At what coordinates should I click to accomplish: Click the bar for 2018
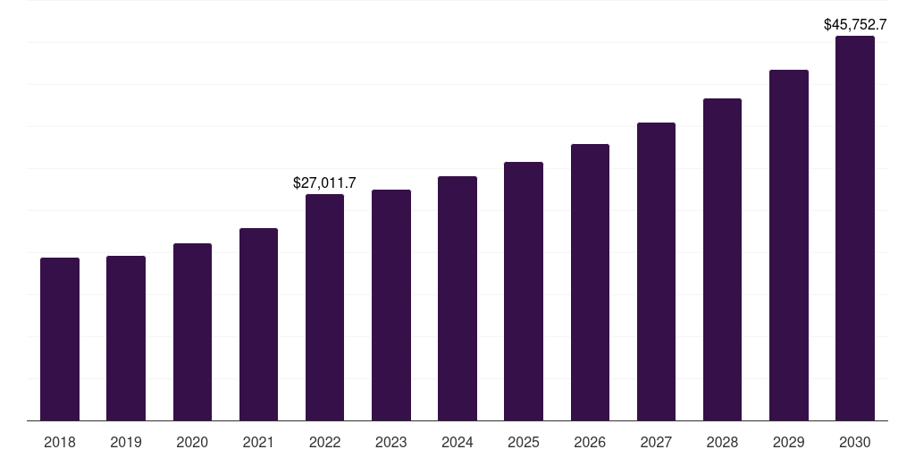pyautogui.click(x=60, y=339)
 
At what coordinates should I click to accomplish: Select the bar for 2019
pyautogui.click(x=126, y=338)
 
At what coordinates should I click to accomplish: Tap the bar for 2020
pyautogui.click(x=192, y=332)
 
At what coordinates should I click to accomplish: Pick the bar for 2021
pyautogui.click(x=258, y=324)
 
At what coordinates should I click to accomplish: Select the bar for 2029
pyautogui.click(x=789, y=245)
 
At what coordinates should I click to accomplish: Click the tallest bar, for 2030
pyautogui.click(x=855, y=228)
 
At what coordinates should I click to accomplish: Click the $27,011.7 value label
pyautogui.click(x=324, y=182)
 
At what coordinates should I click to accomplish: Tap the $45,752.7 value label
pyautogui.click(x=855, y=25)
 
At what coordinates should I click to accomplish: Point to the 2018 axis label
pyautogui.click(x=60, y=442)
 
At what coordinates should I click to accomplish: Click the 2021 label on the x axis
pyautogui.click(x=258, y=442)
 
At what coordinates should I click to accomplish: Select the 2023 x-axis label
pyautogui.click(x=391, y=442)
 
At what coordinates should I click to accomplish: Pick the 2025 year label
pyautogui.click(x=524, y=442)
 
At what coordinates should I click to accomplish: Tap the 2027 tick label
pyautogui.click(x=656, y=442)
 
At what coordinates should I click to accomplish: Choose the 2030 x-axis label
pyautogui.click(x=855, y=442)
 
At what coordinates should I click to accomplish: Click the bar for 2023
pyautogui.click(x=391, y=305)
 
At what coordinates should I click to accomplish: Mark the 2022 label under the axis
pyautogui.click(x=324, y=442)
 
